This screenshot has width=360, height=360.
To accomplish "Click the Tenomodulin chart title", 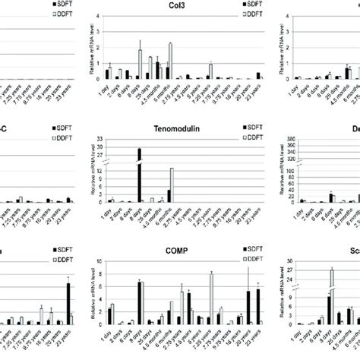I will pos(181,130).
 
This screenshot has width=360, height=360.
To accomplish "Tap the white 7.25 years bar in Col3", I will pos(210,72).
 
